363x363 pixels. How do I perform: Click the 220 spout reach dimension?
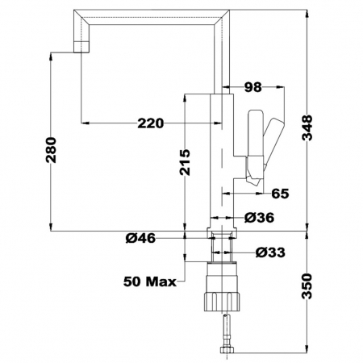click(x=150, y=123)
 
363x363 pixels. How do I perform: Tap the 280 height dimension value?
click(x=51, y=150)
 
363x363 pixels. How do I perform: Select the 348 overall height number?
click(x=307, y=128)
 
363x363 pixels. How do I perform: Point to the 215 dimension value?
click(x=185, y=162)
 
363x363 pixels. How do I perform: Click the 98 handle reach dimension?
click(x=252, y=87)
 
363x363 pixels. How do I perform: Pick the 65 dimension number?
click(x=280, y=194)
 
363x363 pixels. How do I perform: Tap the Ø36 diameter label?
click(x=259, y=218)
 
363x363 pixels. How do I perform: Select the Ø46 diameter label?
click(x=140, y=238)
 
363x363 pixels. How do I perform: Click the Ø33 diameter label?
click(x=270, y=252)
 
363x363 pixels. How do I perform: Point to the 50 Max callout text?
click(x=150, y=282)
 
